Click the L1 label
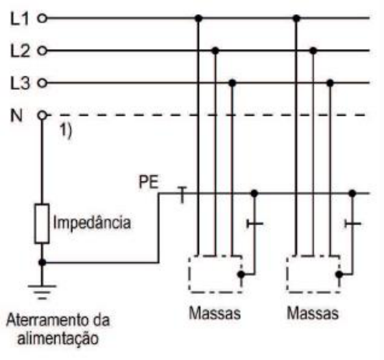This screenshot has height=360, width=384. (19, 19)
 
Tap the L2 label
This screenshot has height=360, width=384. (20, 51)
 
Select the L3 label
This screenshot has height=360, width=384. (20, 83)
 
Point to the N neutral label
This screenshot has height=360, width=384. (16, 116)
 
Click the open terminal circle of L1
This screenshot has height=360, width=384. (42, 19)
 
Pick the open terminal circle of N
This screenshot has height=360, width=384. (42, 115)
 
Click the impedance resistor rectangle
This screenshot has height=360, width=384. (42, 224)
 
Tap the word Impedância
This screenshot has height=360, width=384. (92, 223)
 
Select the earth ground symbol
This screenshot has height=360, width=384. (42, 292)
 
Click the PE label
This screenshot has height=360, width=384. (148, 182)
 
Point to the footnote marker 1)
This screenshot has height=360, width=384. (65, 131)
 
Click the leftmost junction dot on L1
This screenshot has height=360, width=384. (198, 19)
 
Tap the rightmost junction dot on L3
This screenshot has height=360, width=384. (330, 83)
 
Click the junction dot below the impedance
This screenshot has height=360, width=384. (42, 263)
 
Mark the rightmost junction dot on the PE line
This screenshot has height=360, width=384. (352, 194)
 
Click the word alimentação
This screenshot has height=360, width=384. (58, 339)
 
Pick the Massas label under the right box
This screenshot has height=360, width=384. (312, 313)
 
